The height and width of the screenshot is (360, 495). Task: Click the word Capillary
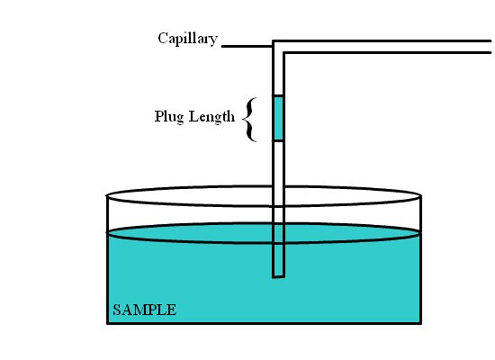tap(187, 40)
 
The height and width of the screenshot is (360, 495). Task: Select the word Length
tap(211, 116)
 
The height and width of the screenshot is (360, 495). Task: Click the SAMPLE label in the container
tap(144, 310)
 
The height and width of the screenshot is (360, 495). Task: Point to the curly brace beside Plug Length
tap(249, 120)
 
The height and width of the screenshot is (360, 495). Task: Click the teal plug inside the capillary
tap(278, 118)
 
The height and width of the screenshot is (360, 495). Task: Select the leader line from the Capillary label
tap(247, 46)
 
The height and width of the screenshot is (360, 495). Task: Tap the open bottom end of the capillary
tap(278, 277)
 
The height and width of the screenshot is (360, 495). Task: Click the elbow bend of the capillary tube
tap(278, 47)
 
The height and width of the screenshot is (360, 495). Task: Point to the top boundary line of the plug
tap(278, 95)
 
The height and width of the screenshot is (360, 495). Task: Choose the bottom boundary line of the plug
tap(278, 140)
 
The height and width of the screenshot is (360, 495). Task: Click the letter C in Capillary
tap(163, 38)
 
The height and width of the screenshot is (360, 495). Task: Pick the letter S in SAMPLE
tap(116, 310)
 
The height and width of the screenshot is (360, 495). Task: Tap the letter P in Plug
tap(158, 115)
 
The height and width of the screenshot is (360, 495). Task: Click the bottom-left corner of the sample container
tap(108, 323)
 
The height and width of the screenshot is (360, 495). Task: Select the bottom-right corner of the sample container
tap(421, 323)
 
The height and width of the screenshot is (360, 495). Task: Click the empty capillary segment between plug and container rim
tap(278, 164)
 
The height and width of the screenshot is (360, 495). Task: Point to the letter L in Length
tap(193, 115)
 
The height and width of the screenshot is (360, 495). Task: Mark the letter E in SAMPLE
tap(171, 310)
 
